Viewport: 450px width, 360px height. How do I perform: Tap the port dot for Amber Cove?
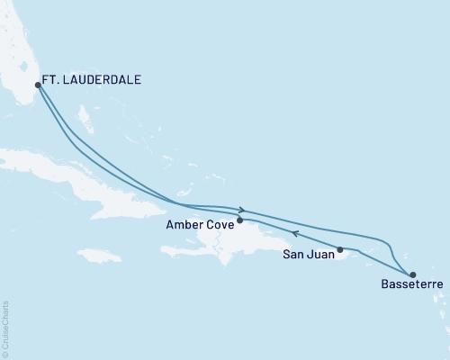tap(239, 220)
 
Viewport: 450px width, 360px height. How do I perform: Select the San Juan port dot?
tap(340, 249)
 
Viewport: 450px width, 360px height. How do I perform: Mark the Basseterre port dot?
tap(412, 275)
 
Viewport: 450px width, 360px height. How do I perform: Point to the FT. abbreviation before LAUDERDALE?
tap(56, 79)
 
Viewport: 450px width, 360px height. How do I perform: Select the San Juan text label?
tap(306, 256)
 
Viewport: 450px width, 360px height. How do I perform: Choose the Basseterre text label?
tap(400, 291)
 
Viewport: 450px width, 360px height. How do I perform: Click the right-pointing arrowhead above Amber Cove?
tap(242, 211)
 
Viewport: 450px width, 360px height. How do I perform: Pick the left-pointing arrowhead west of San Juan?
tap(295, 236)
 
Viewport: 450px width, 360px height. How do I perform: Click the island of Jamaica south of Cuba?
tap(103, 256)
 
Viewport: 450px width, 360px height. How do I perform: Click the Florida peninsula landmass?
tap(18, 54)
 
